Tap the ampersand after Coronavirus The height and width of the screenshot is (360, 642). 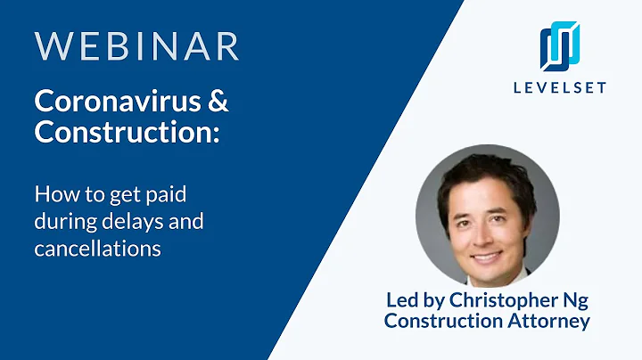tap(218, 102)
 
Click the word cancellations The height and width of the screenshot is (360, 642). tap(97, 249)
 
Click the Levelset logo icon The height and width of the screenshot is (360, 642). tap(560, 46)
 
